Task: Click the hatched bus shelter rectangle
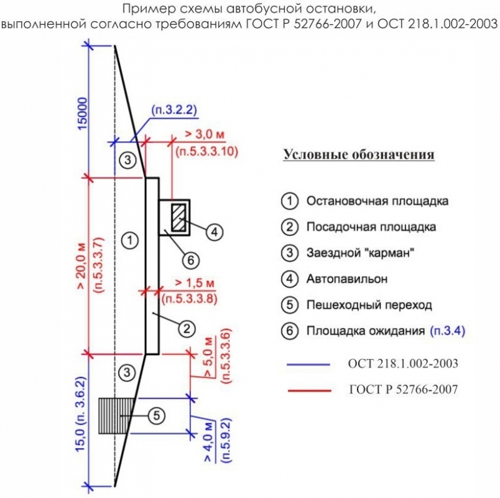click(x=180, y=215)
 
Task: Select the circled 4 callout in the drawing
click(x=213, y=232)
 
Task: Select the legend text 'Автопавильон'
click(x=346, y=279)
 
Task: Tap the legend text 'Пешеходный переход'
click(x=369, y=305)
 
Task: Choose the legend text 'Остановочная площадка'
click(x=377, y=201)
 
